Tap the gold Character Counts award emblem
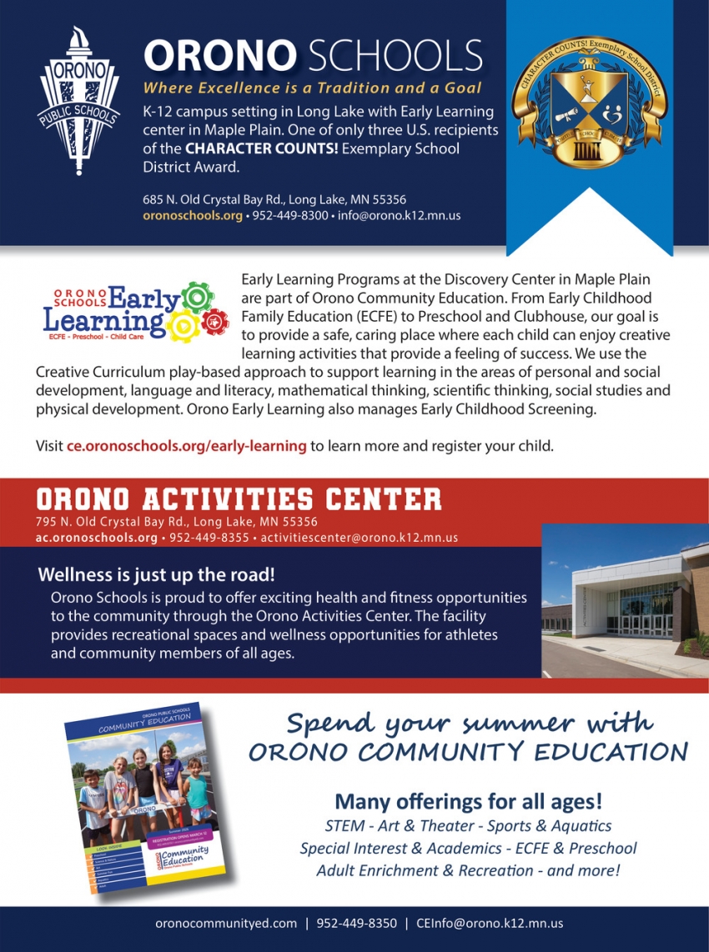click(x=589, y=100)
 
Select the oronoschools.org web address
click(x=192, y=215)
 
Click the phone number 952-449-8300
click(x=290, y=215)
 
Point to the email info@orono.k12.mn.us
click(x=399, y=215)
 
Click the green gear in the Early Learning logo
click(x=197, y=296)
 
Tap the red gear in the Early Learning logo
click(x=216, y=319)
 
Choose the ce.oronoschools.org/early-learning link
click(x=186, y=446)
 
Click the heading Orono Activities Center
click(x=239, y=499)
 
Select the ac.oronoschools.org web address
click(x=96, y=538)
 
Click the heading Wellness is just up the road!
click(x=156, y=575)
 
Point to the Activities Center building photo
click(x=625, y=600)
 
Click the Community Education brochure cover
click(x=145, y=799)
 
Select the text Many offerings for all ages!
click(x=468, y=802)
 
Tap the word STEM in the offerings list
click(x=344, y=826)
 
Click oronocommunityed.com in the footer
click(x=226, y=924)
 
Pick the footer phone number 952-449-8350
click(x=356, y=924)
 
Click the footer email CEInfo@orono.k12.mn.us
click(x=490, y=924)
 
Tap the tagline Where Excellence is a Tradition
click(x=313, y=88)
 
